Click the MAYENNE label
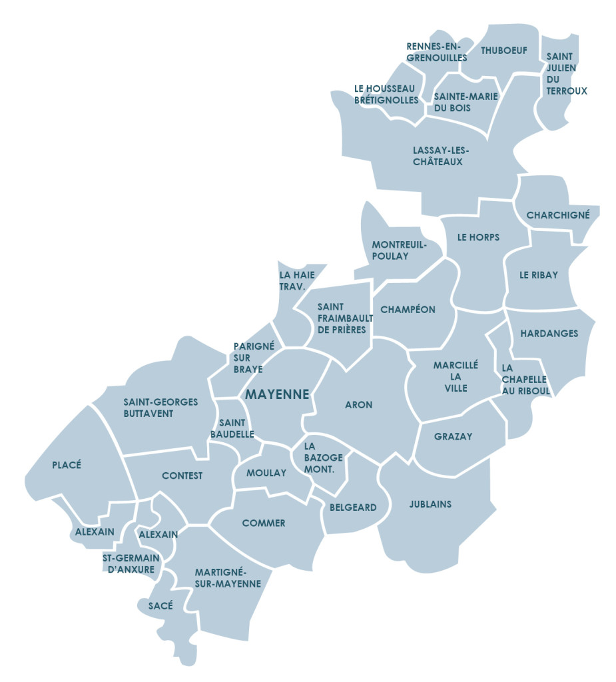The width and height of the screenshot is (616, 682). [277, 394]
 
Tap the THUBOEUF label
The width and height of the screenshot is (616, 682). [503, 50]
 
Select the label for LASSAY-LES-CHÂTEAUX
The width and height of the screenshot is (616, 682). [438, 156]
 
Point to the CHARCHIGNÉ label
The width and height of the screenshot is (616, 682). [558, 215]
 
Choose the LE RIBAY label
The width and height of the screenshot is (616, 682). [539, 274]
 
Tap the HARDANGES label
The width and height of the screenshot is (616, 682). [549, 333]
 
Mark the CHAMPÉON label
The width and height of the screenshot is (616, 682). [408, 310]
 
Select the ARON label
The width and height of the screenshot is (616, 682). [358, 404]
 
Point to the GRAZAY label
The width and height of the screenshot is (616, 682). [453, 437]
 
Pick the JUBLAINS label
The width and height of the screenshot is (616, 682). [430, 504]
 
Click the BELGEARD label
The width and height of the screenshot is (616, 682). [353, 508]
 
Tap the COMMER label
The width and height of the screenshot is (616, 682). [264, 523]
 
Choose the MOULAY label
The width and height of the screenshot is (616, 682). [266, 473]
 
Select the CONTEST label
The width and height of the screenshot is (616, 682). [182, 476]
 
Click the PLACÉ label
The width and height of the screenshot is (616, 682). [67, 465]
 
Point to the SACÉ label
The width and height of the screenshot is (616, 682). [160, 605]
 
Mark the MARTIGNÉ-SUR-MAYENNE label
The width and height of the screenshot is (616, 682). [221, 578]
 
